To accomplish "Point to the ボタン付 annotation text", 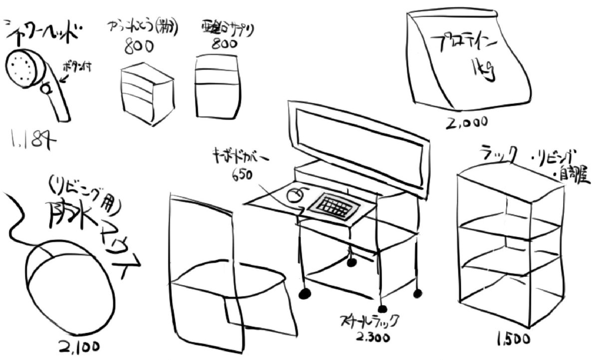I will point(76,68).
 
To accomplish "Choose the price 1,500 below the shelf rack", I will point(513,340).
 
